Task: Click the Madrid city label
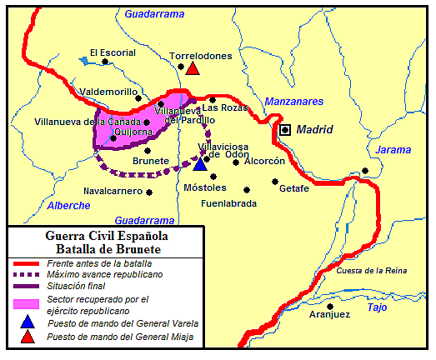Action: click(x=315, y=130)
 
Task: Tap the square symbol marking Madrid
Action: click(x=286, y=130)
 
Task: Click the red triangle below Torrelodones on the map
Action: click(x=193, y=69)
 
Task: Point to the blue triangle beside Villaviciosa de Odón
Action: click(x=199, y=163)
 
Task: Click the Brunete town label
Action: click(x=151, y=161)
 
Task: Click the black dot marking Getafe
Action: click(x=274, y=181)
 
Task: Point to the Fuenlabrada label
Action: click(x=228, y=202)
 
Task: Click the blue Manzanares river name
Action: click(x=293, y=102)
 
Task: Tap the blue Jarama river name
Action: click(x=393, y=150)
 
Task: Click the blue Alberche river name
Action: click(x=68, y=205)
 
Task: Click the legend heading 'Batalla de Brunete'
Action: click(x=109, y=248)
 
